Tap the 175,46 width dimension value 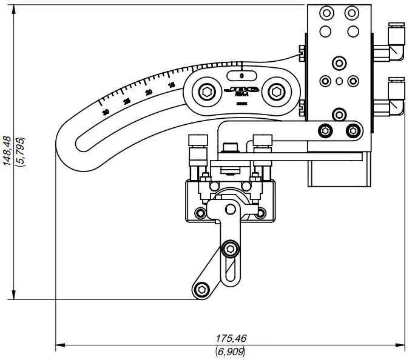(x=231, y=338)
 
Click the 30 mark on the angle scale (x=106, y=112)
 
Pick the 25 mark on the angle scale (x=127, y=101)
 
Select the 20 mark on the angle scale (x=149, y=92)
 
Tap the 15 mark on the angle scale (x=172, y=85)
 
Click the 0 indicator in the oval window (x=242, y=76)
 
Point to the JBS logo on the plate (x=241, y=90)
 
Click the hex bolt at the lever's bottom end (x=202, y=289)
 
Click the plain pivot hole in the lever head (x=230, y=210)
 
